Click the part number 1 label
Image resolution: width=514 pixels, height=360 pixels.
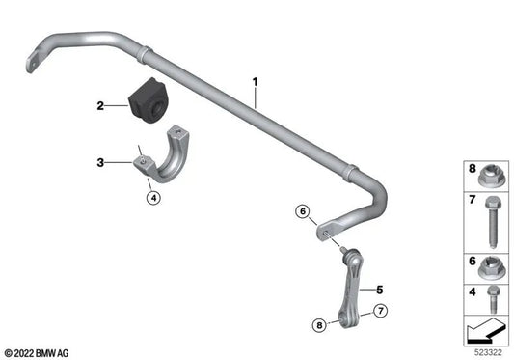click(256, 83)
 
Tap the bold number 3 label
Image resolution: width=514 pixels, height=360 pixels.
click(99, 164)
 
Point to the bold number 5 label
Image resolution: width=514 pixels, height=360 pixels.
click(379, 289)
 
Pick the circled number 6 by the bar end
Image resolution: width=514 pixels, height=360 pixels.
click(303, 211)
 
